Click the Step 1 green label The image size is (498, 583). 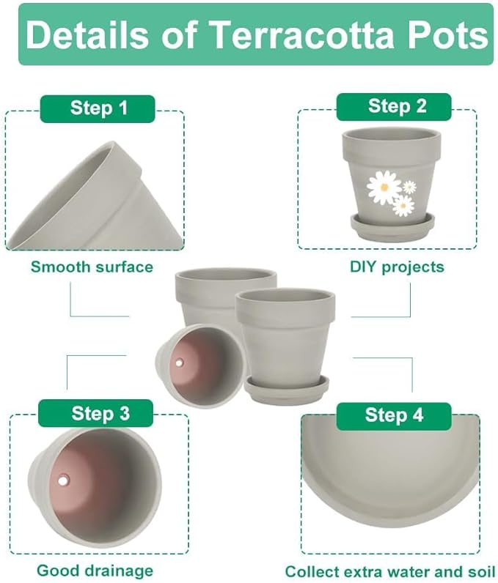pyautogui.click(x=98, y=109)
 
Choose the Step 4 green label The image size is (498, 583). pyautogui.click(x=394, y=415)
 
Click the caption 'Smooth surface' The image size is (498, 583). pyautogui.click(x=92, y=267)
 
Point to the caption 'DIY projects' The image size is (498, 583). pyautogui.click(x=397, y=267)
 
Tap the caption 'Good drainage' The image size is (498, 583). pyautogui.click(x=95, y=571)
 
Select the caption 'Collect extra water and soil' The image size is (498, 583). pyautogui.click(x=389, y=571)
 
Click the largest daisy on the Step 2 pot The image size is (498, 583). pyautogui.click(x=384, y=187)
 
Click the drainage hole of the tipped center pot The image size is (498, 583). pyautogui.click(x=180, y=362)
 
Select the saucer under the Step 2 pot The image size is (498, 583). pyautogui.click(x=392, y=226)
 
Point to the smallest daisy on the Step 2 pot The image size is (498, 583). pyautogui.click(x=409, y=187)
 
